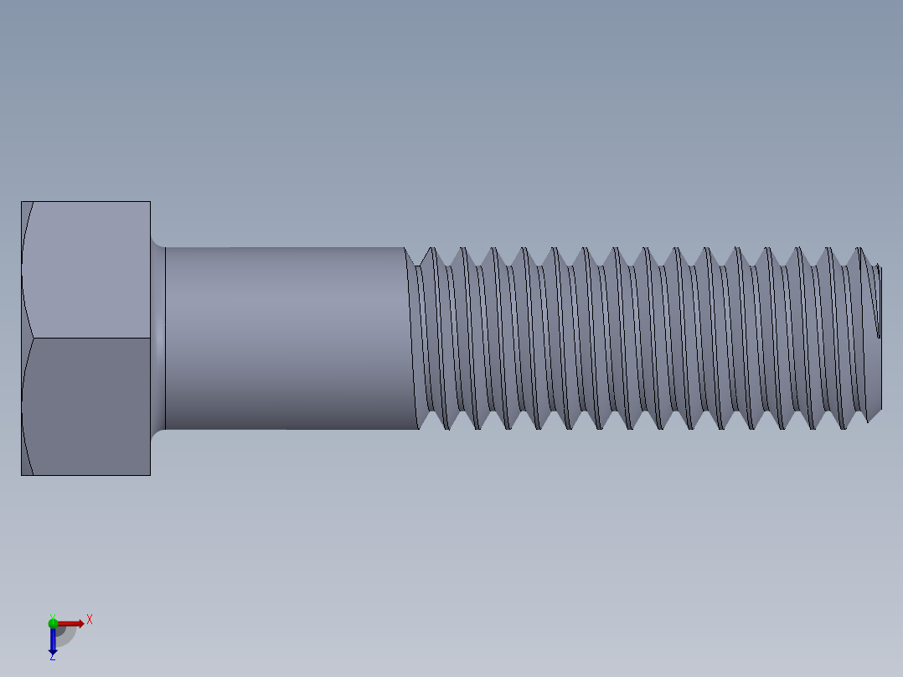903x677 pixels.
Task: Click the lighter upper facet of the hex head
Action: pyautogui.click(x=88, y=270)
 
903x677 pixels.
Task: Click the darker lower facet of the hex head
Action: pyautogui.click(x=88, y=406)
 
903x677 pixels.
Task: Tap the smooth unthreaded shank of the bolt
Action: pyautogui.click(x=285, y=338)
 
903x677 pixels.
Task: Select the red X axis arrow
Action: pyautogui.click(x=70, y=623)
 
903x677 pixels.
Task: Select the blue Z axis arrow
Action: pyautogui.click(x=53, y=641)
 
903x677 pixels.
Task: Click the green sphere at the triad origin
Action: pyautogui.click(x=53, y=623)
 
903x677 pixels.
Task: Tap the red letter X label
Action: pyautogui.click(x=90, y=620)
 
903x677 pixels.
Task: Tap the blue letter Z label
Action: pyautogui.click(x=52, y=658)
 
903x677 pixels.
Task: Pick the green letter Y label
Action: pyautogui.click(x=52, y=616)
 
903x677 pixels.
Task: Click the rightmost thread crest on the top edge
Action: pyautogui.click(x=859, y=249)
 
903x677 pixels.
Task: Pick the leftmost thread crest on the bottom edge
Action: pyautogui.click(x=446, y=428)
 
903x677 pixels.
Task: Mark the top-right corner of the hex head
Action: pyautogui.click(x=150, y=202)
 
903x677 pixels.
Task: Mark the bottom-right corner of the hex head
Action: pyautogui.click(x=150, y=475)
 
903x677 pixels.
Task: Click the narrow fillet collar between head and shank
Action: pyautogui.click(x=157, y=338)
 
